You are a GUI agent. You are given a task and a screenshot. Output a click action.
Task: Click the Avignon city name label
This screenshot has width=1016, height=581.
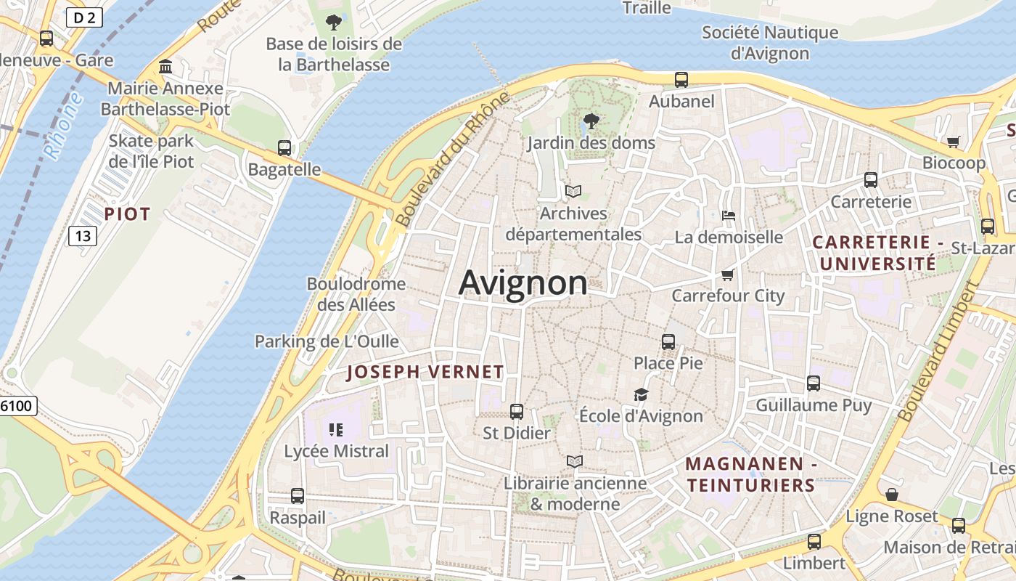(523, 283)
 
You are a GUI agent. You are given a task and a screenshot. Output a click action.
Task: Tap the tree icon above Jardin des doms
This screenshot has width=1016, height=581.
(591, 121)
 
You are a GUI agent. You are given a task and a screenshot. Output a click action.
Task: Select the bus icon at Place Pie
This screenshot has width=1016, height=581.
(668, 341)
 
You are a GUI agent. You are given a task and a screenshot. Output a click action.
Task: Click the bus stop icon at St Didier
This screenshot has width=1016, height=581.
(517, 412)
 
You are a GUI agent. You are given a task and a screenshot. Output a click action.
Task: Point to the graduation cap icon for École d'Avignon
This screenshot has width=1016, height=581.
(641, 394)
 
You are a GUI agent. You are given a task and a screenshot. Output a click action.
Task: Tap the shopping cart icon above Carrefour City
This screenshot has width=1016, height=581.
(728, 275)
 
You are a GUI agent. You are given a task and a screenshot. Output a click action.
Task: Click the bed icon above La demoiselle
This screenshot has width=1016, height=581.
(729, 216)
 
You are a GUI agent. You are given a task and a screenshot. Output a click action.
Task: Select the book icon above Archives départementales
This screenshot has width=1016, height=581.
(573, 191)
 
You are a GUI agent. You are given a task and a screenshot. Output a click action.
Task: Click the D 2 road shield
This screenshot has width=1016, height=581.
(83, 17)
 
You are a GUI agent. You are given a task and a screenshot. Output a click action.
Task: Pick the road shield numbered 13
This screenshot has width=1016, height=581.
(83, 235)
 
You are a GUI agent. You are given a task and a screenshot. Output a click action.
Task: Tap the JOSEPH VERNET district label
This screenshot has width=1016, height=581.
(425, 373)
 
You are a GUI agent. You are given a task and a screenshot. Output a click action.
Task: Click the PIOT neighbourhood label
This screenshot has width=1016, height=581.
(127, 214)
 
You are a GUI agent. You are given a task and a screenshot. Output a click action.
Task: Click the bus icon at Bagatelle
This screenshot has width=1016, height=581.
(284, 148)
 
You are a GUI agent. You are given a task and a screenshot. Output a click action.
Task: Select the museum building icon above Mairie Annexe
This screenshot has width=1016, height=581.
(165, 67)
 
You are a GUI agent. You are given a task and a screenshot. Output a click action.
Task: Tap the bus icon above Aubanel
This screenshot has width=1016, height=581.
(681, 80)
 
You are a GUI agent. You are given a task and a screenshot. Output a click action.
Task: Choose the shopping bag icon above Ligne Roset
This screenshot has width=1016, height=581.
(892, 495)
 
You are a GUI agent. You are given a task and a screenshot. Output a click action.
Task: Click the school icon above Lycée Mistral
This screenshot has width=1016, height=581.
(335, 429)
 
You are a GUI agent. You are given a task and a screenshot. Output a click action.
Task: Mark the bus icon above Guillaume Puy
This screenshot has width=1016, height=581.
(814, 383)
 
